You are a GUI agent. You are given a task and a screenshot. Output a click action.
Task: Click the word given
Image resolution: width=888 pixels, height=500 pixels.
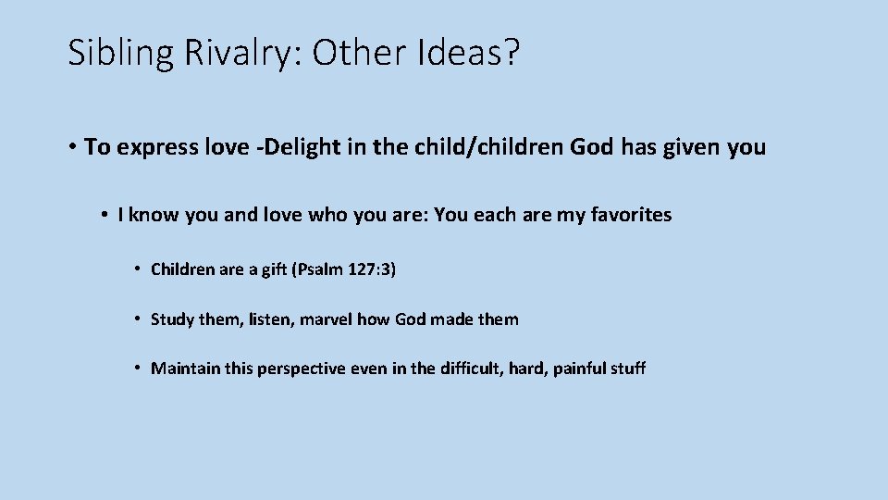pos(691,147)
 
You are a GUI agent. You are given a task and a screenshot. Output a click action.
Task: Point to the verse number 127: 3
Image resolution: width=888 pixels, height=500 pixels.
pos(369,270)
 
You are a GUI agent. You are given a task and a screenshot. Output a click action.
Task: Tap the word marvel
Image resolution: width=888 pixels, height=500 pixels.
pos(325,319)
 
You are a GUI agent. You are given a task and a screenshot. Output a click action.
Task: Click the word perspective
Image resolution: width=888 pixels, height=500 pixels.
pos(301,369)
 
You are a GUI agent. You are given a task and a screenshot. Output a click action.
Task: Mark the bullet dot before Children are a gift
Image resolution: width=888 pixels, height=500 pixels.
pos(137,270)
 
